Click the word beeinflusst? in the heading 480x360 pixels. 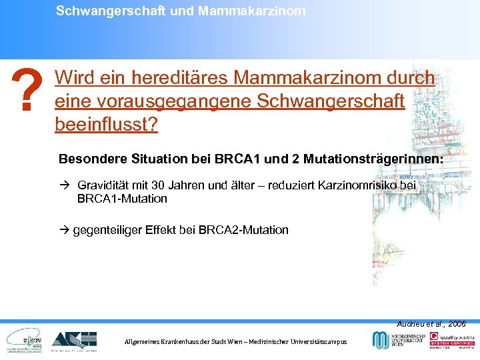(107, 125)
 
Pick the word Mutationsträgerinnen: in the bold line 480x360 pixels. (381, 160)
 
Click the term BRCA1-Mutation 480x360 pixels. (122, 199)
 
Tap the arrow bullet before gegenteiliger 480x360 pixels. (63, 230)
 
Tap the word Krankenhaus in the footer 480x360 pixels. (190, 341)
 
